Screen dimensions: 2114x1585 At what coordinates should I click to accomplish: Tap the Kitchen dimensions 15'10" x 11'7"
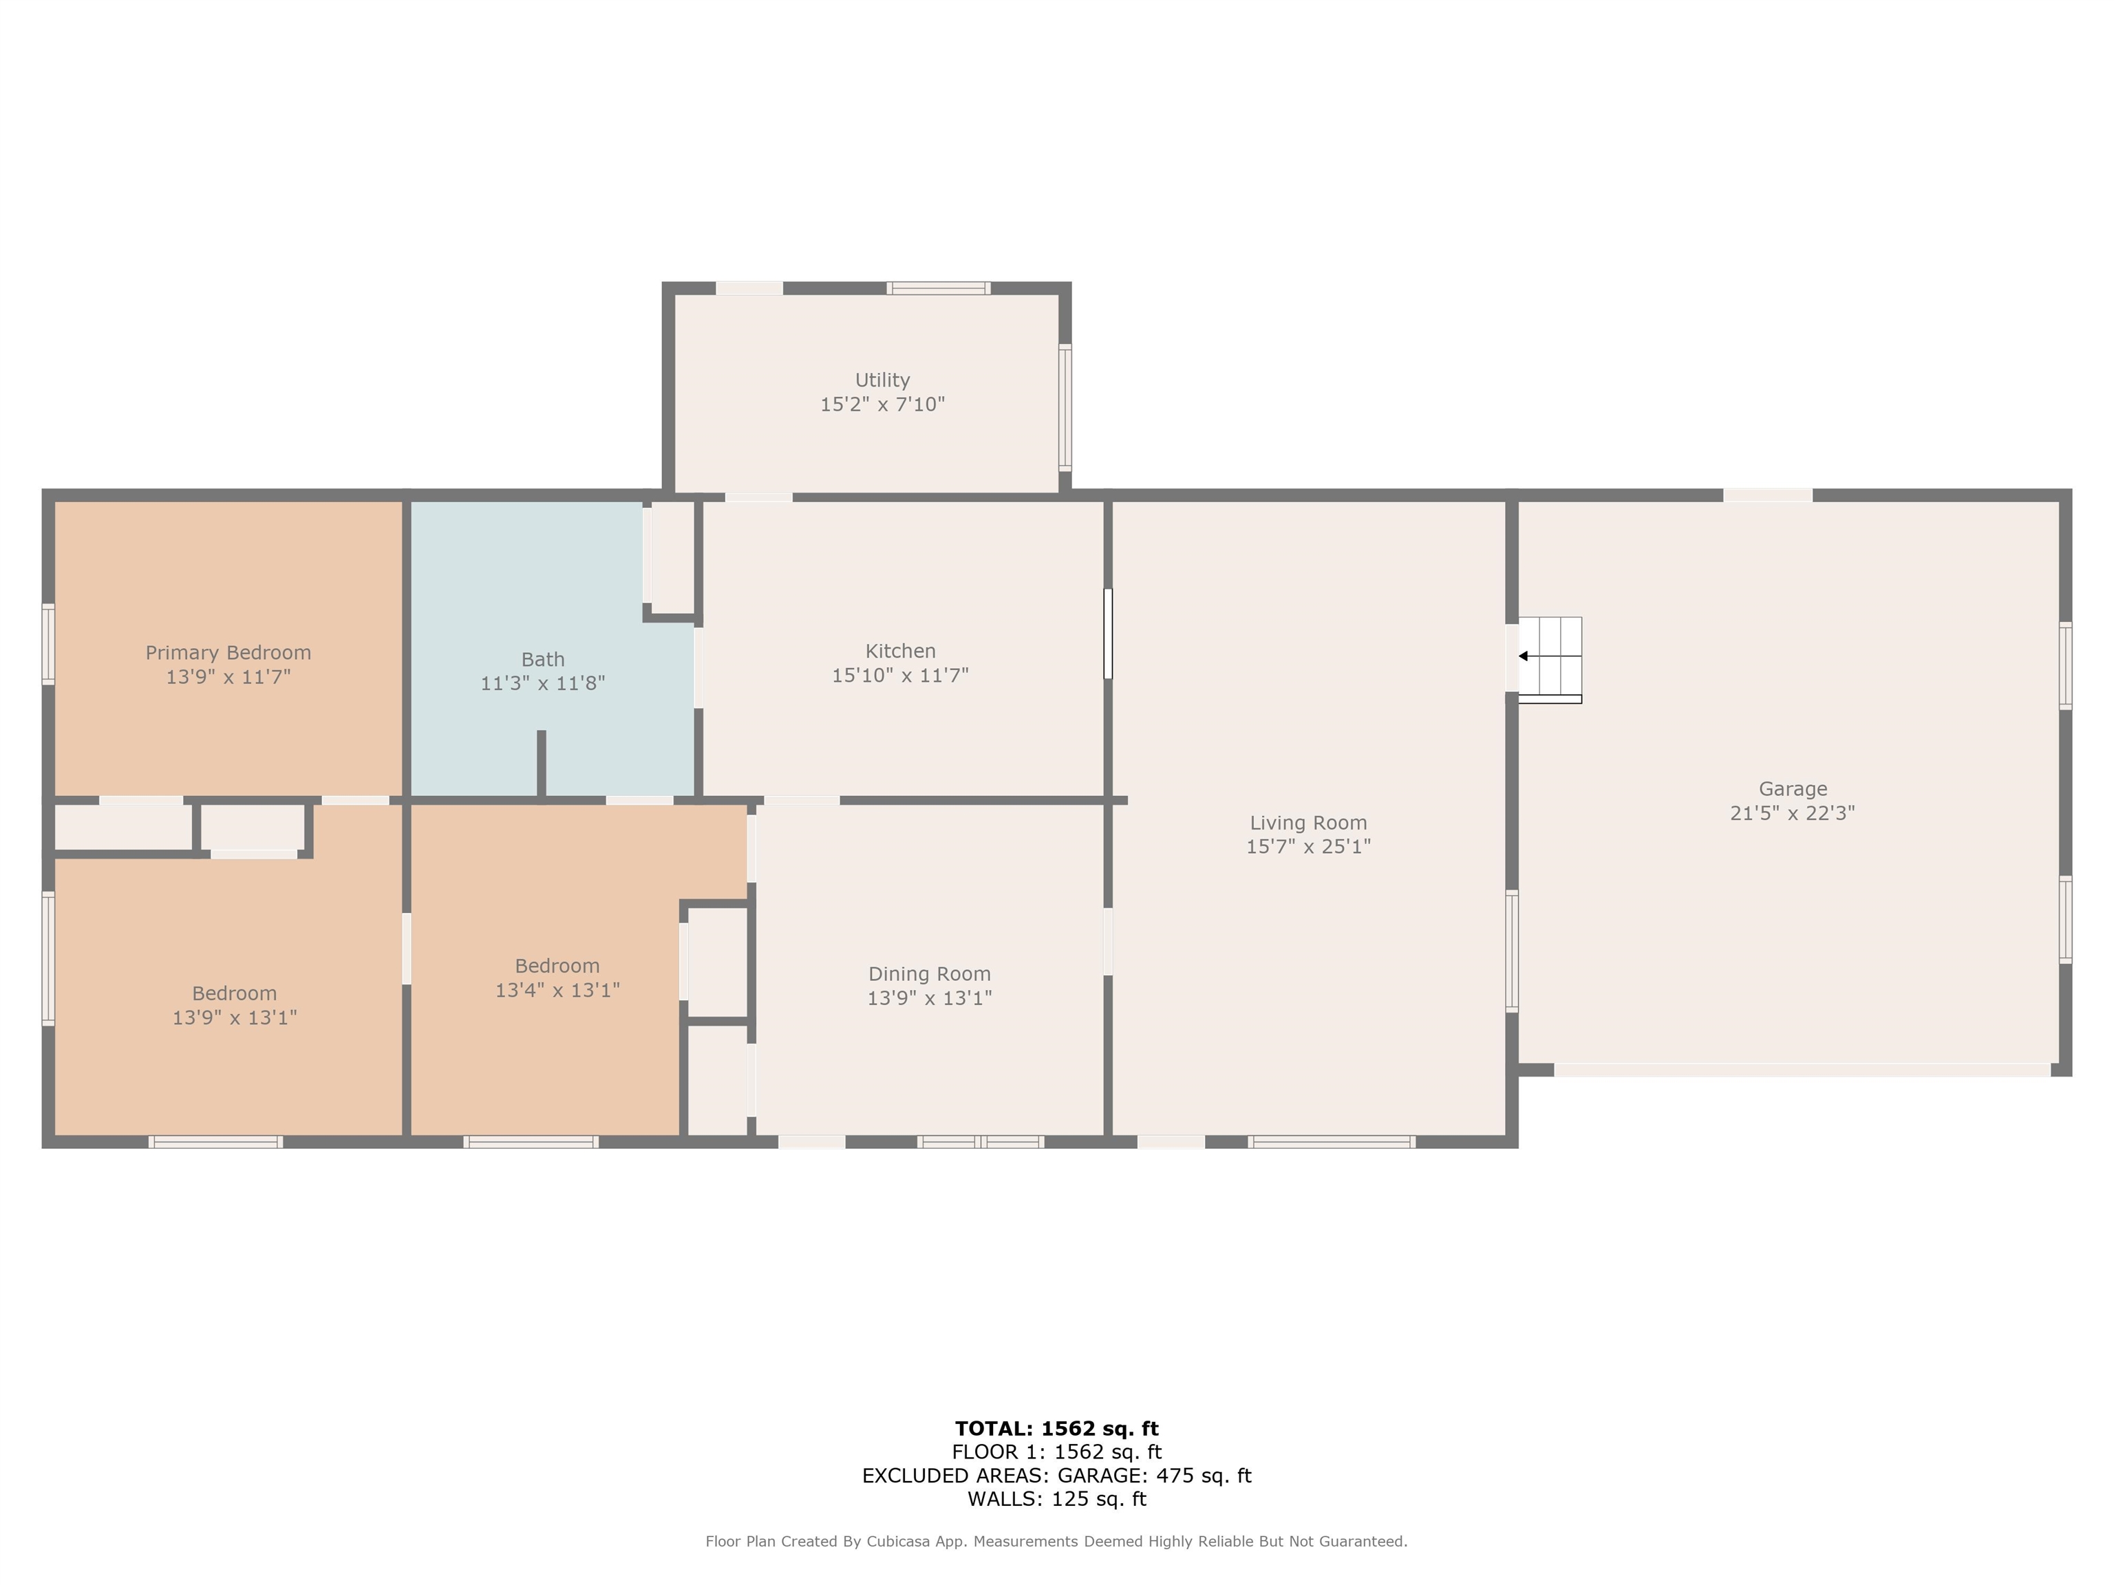click(900, 676)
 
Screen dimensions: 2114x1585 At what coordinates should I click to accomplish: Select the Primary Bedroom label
click(228, 654)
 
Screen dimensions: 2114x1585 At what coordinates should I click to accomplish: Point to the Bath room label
click(543, 659)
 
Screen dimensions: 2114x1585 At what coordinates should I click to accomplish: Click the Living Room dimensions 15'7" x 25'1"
click(1308, 846)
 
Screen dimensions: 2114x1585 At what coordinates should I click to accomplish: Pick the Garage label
click(1793, 789)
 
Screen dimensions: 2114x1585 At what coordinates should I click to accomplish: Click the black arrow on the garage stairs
click(1524, 656)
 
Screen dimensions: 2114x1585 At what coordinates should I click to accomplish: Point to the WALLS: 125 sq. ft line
click(1057, 1499)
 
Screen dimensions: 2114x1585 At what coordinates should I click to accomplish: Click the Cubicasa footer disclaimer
click(1057, 1541)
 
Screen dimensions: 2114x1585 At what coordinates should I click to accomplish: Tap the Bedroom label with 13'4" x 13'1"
click(557, 966)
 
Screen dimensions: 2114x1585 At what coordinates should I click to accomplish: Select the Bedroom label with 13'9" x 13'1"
click(234, 993)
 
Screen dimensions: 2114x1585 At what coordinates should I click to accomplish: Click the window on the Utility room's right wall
click(1065, 408)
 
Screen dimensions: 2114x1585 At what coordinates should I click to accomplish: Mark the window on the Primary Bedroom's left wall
click(47, 644)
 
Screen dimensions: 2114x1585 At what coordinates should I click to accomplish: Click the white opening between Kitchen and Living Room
click(1108, 634)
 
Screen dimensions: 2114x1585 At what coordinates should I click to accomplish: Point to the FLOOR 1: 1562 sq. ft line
click(1057, 1452)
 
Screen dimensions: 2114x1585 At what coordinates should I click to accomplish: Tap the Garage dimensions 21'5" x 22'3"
click(1793, 813)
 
